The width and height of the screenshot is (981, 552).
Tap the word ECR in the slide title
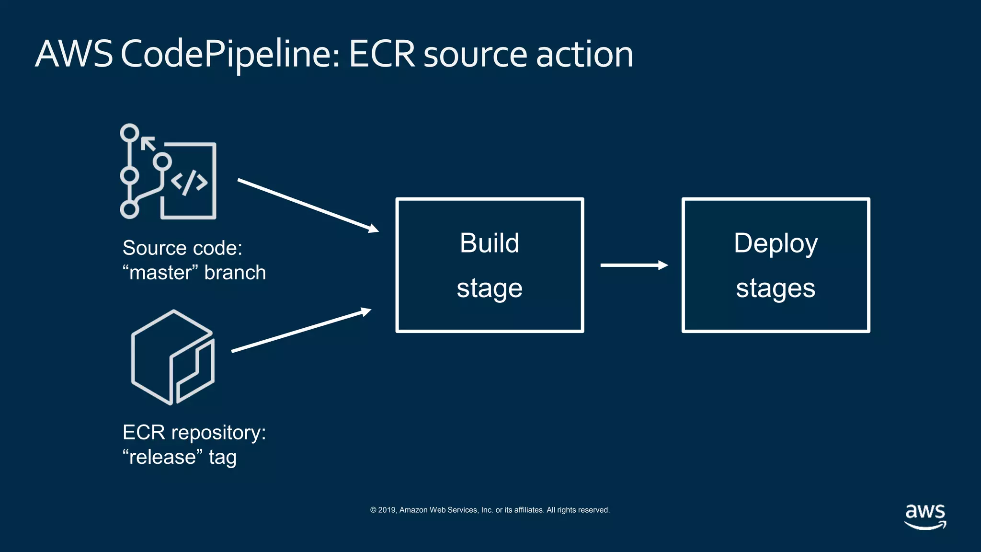(382, 55)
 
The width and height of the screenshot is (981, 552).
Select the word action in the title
(584, 55)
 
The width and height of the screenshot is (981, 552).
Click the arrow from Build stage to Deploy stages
(633, 265)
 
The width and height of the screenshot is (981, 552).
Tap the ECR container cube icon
(172, 357)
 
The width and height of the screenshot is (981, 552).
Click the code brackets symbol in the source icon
(189, 182)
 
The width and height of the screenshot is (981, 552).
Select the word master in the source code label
(160, 273)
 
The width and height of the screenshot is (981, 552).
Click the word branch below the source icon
(235, 273)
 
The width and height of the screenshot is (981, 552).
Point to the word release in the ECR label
(162, 457)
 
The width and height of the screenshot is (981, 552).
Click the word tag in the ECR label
(223, 458)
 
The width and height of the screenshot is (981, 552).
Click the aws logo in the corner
(925, 516)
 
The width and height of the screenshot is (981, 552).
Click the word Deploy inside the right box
(776, 243)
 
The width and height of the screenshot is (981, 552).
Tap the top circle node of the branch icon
(129, 133)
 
